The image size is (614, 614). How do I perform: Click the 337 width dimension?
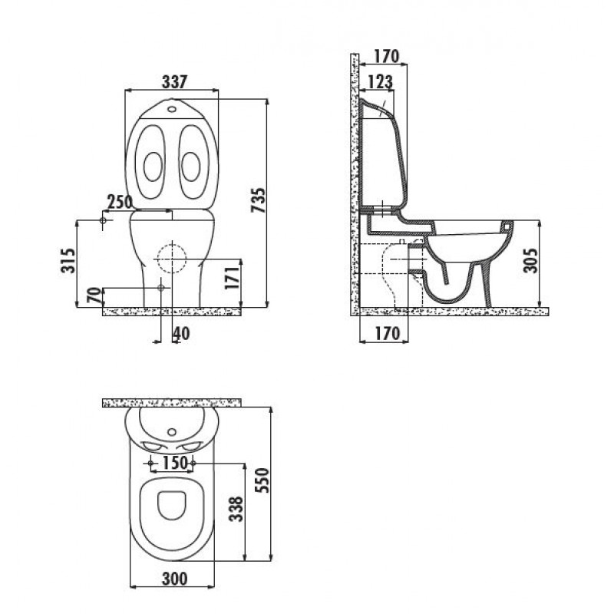click(x=175, y=81)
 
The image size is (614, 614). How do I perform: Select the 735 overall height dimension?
click(x=259, y=200)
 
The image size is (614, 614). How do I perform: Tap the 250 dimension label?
click(x=120, y=202)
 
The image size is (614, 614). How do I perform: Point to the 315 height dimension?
click(x=68, y=260)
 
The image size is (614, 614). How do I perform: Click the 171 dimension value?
click(x=232, y=278)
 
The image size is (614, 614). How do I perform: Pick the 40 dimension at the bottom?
click(x=181, y=334)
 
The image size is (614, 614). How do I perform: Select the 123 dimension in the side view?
click(x=380, y=82)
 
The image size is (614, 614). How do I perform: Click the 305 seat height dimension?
click(x=531, y=260)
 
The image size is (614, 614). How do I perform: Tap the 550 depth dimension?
click(x=262, y=480)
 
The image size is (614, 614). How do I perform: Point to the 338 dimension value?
click(x=236, y=509)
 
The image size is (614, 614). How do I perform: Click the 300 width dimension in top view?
click(x=175, y=579)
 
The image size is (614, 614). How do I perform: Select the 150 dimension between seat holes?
click(x=175, y=463)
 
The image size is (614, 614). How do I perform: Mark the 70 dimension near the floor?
click(x=94, y=295)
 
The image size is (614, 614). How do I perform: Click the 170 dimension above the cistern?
click(x=386, y=56)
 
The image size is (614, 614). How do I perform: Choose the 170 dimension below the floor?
click(x=388, y=333)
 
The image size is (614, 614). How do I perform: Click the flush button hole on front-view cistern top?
click(x=172, y=109)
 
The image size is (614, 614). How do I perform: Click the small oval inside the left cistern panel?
click(x=153, y=167)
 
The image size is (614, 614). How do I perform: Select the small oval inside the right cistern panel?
click(x=191, y=167)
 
